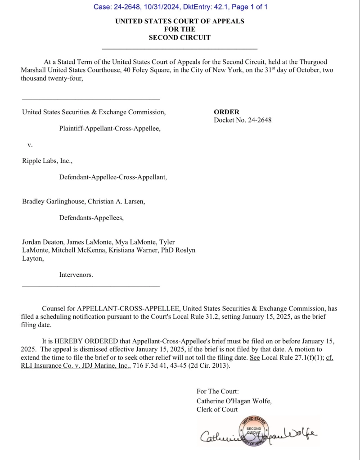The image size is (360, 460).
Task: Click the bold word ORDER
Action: pyautogui.click(x=226, y=112)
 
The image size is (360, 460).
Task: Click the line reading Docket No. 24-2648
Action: pyautogui.click(x=243, y=120)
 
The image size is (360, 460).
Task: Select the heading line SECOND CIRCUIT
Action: pyautogui.click(x=180, y=37)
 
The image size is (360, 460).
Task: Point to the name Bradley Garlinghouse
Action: pyautogui.click(x=53, y=201)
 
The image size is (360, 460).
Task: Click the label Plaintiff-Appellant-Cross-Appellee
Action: pyautogui.click(x=110, y=128)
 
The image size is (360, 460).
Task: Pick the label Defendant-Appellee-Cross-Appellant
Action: pyautogui.click(x=113, y=177)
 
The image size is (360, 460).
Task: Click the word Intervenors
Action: pyautogui.click(x=76, y=274)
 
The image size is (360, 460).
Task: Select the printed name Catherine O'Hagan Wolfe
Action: pyautogui.click(x=234, y=401)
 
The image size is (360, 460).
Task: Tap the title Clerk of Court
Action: pyautogui.click(x=217, y=409)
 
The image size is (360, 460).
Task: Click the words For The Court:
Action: pyautogui.click(x=218, y=392)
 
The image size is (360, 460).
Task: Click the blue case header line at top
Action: pyautogui.click(x=180, y=7)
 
